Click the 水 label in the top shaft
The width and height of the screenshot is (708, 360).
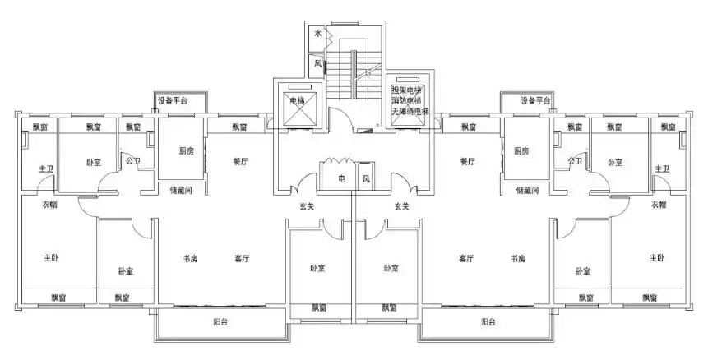(x=317, y=35)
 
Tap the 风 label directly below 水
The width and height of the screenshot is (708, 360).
(x=317, y=62)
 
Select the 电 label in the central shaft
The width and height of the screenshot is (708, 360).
(x=341, y=178)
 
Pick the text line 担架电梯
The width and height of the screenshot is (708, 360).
(x=410, y=90)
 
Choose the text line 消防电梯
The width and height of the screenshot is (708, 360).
(x=410, y=100)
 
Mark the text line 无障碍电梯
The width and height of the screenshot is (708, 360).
(x=410, y=111)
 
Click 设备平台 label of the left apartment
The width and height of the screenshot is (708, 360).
(x=172, y=101)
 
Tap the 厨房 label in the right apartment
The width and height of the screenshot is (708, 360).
(x=521, y=150)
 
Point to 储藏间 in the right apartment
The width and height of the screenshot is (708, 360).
(x=527, y=190)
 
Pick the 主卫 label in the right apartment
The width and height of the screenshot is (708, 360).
(x=662, y=168)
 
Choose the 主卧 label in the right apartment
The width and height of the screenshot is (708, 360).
(x=656, y=258)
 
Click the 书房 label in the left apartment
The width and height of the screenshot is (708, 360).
(x=189, y=259)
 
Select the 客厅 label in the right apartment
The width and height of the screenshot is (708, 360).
(x=466, y=259)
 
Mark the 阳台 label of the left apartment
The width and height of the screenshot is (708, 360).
(x=220, y=322)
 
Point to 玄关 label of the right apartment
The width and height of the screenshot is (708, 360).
(x=402, y=205)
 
